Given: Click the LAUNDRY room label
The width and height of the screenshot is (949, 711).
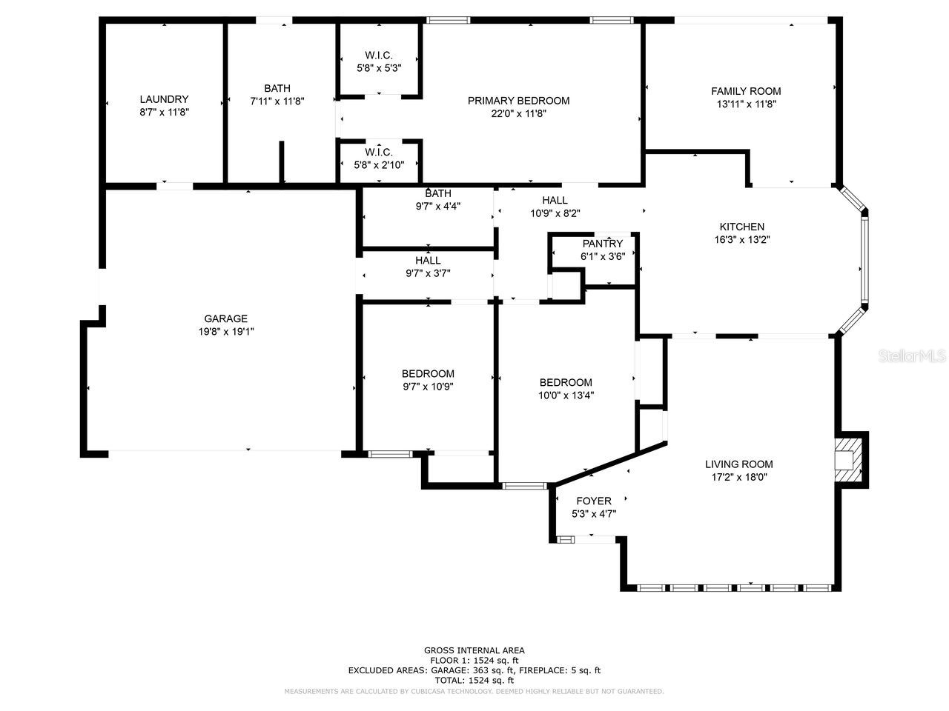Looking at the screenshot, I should pyautogui.click(x=164, y=99).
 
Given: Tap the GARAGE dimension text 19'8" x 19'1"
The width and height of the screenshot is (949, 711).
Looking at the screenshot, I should pyautogui.click(x=227, y=332).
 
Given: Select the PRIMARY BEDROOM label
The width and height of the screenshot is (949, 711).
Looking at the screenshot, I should pyautogui.click(x=518, y=101).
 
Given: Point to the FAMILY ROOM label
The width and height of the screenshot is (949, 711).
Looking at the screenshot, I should pyautogui.click(x=746, y=91).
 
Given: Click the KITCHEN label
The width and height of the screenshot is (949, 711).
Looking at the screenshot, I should pyautogui.click(x=741, y=227).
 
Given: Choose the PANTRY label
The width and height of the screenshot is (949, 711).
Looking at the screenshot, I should pyautogui.click(x=603, y=244).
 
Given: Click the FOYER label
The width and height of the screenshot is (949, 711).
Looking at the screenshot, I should pyautogui.click(x=594, y=501).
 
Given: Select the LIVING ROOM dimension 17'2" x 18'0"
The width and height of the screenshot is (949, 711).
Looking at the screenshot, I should pyautogui.click(x=738, y=478).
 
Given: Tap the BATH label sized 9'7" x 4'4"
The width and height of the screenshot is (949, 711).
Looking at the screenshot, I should pyautogui.click(x=438, y=193).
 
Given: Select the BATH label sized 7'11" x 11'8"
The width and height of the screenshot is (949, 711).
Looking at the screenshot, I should pyautogui.click(x=277, y=88).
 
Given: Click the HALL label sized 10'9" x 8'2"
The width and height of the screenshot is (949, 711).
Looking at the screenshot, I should pyautogui.click(x=555, y=200).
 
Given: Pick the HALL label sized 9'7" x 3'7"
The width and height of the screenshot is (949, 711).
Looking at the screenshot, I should pyautogui.click(x=428, y=260).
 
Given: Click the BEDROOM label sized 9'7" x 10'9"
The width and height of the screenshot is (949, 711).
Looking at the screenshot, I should pyautogui.click(x=428, y=373).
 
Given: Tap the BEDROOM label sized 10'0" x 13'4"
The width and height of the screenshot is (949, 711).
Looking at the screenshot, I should pyautogui.click(x=566, y=382).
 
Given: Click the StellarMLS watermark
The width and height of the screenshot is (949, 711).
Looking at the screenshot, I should pyautogui.click(x=912, y=356).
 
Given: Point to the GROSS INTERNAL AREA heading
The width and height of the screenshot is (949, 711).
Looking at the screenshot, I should pyautogui.click(x=474, y=650).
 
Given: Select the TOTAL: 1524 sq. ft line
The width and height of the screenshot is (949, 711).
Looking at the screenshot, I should pyautogui.click(x=474, y=680).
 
